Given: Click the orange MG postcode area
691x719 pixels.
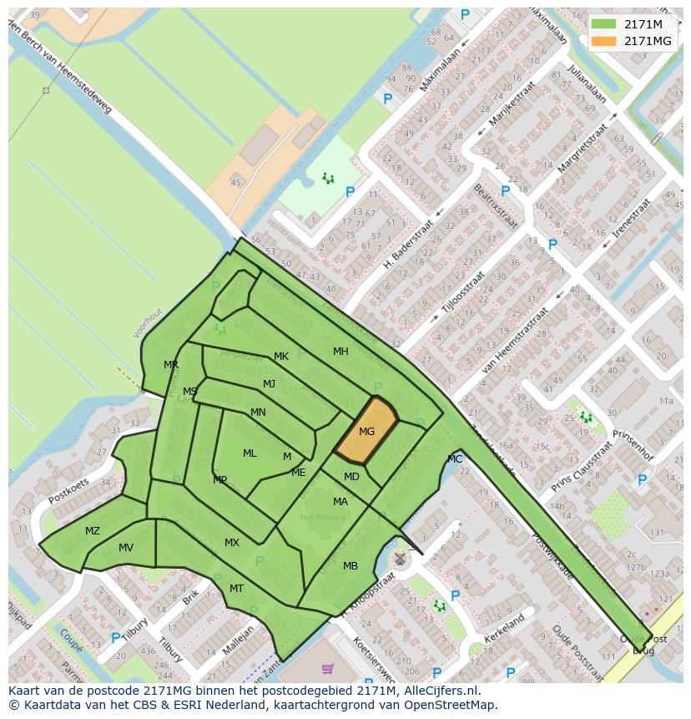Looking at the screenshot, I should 366,431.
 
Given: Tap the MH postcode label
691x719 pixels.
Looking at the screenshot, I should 340,352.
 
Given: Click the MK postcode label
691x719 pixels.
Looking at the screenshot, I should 281,357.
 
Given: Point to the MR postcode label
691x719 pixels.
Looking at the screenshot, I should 171,365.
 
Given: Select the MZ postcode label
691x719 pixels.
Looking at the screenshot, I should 93,531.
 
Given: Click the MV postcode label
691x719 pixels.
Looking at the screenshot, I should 126,548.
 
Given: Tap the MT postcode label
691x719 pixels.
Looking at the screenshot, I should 236,589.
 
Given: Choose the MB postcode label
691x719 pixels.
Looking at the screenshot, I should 351,566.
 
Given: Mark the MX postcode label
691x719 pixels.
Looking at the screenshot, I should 232,543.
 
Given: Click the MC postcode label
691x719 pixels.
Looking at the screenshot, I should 455,459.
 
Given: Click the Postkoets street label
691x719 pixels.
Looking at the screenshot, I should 68,490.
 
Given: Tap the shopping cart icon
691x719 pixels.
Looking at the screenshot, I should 327,669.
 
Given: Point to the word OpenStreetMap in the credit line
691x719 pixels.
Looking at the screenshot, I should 451,705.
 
